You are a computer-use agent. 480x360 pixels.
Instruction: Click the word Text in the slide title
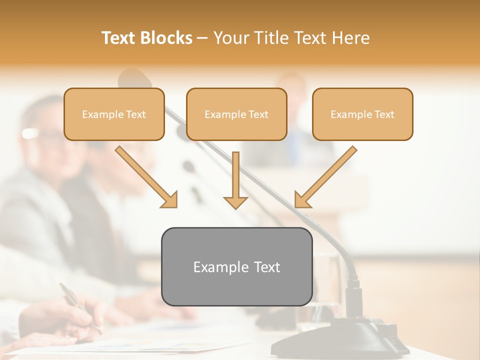pyautogui.click(x=119, y=38)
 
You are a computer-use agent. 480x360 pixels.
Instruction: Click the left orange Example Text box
pyautogui.click(x=114, y=114)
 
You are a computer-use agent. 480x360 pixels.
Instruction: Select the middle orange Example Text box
pyautogui.click(x=236, y=114)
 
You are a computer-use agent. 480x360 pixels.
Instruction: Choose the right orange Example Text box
pyautogui.click(x=362, y=114)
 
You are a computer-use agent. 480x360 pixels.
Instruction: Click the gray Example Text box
pyautogui.click(x=236, y=266)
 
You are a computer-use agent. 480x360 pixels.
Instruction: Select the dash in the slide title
pyautogui.click(x=203, y=38)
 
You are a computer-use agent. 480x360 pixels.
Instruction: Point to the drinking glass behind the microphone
pyautogui.click(x=327, y=280)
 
